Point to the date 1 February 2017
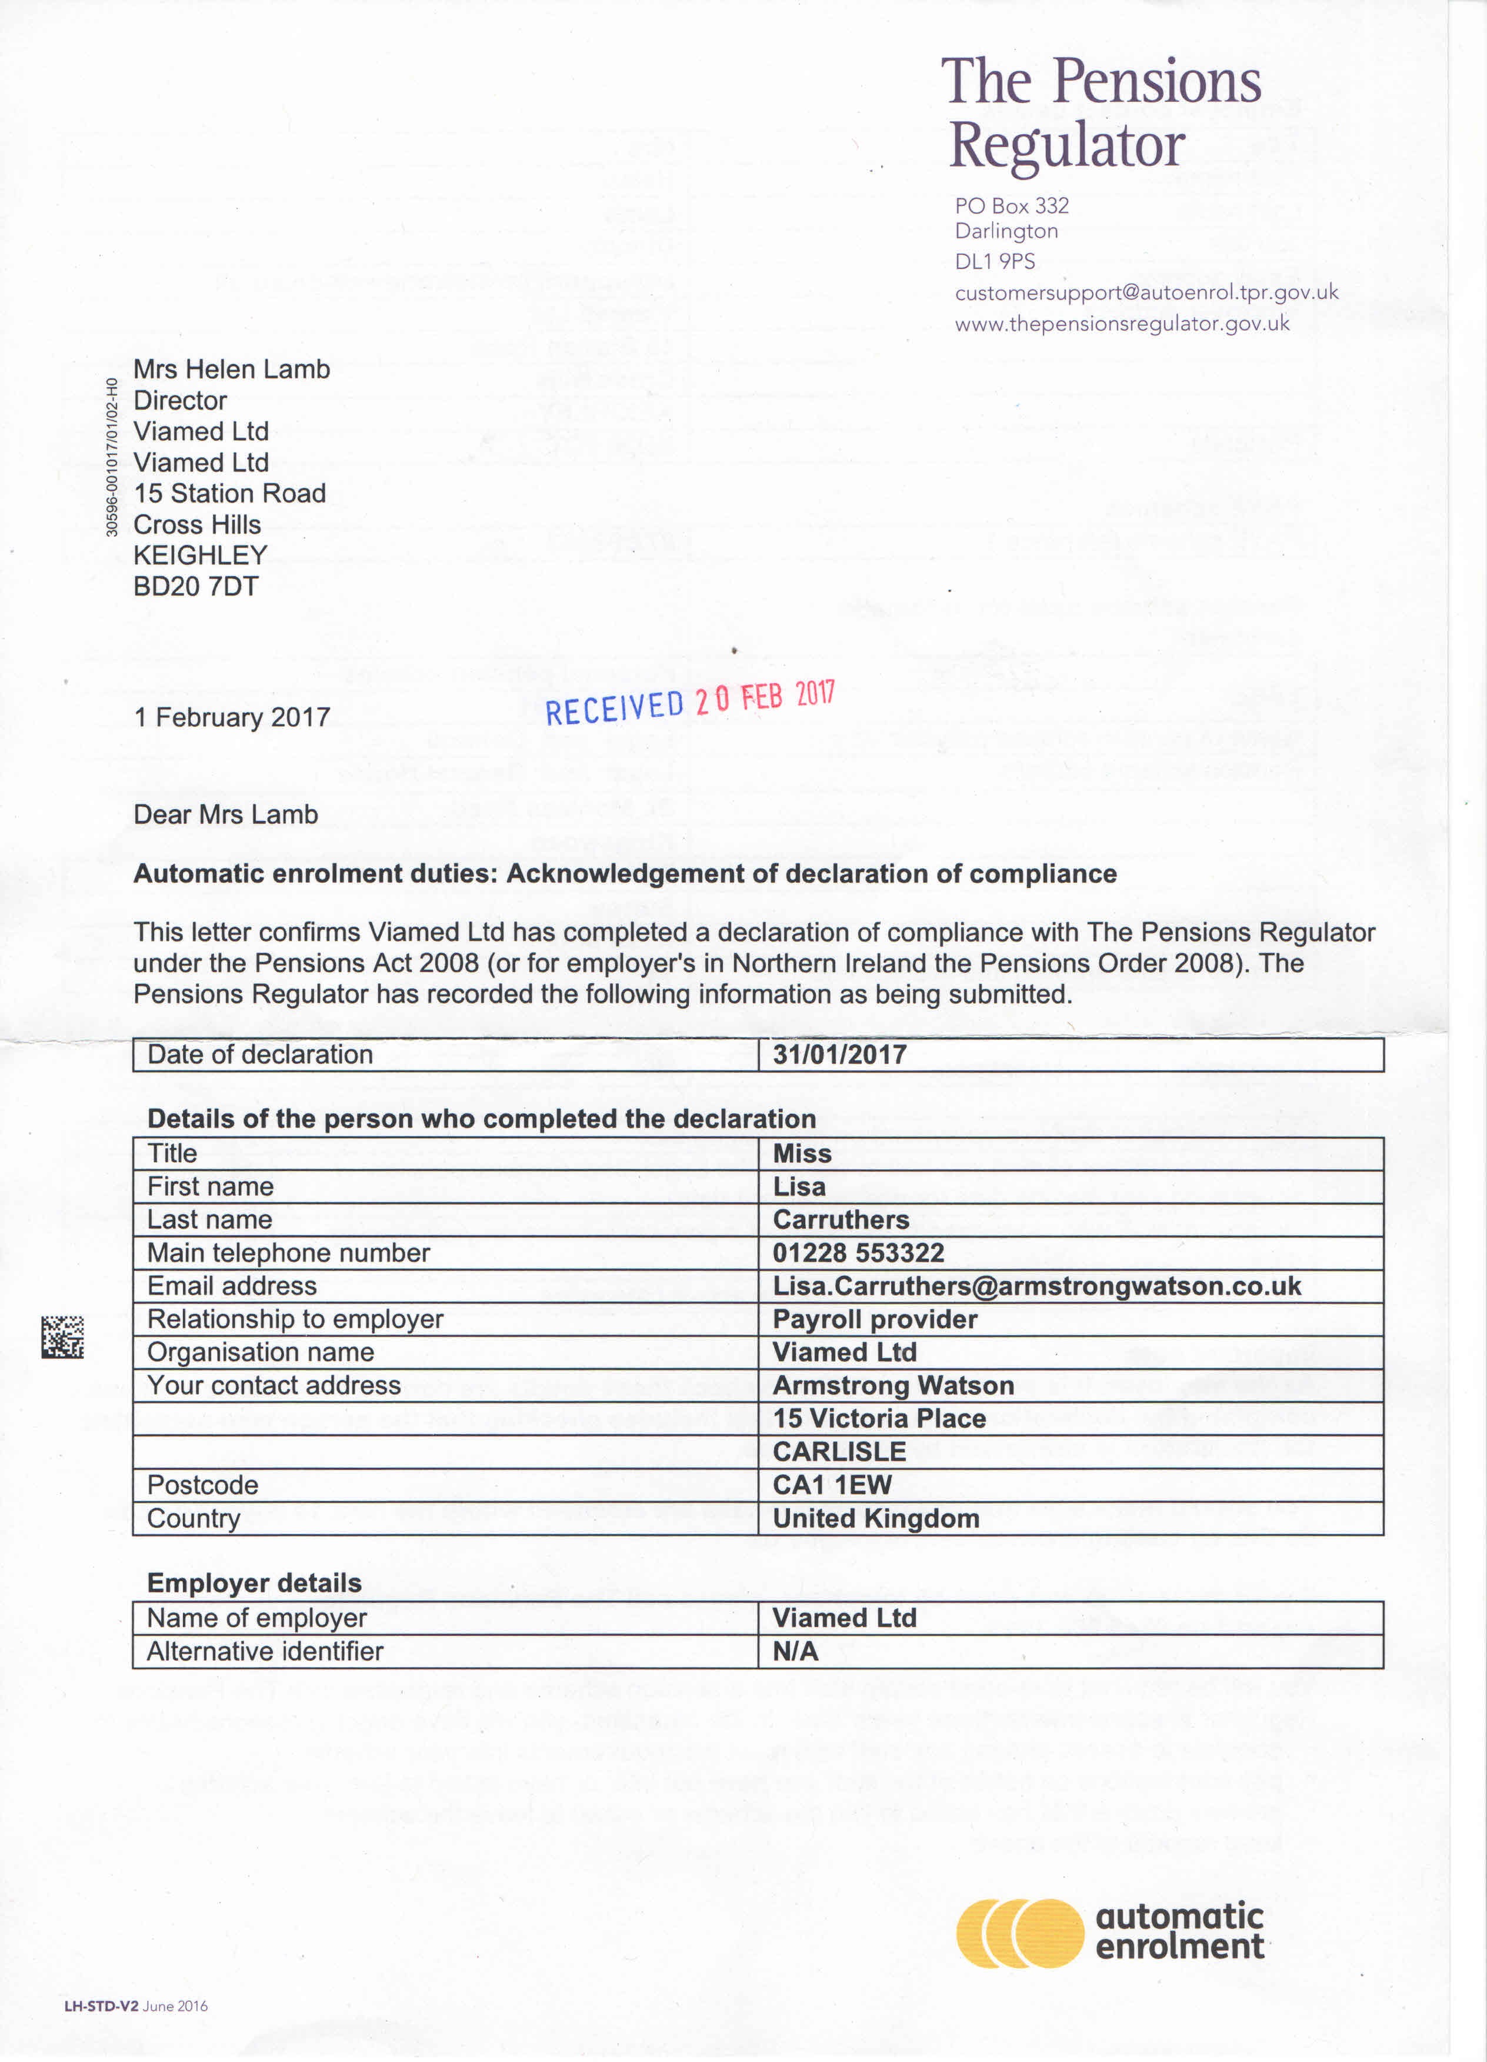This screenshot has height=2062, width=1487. (232, 717)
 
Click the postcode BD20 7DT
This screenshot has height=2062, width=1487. (195, 587)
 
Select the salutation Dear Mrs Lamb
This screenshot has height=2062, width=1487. (225, 814)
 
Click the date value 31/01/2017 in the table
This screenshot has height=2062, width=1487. (839, 1055)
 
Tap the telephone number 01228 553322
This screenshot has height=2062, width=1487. (858, 1253)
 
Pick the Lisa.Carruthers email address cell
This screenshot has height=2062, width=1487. (1036, 1286)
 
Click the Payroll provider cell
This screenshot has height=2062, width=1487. (875, 1319)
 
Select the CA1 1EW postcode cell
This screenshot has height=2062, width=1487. (832, 1485)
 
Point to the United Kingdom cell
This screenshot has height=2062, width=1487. (875, 1518)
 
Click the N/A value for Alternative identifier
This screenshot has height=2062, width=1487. (795, 1651)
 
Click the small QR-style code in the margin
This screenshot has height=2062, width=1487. (63, 1336)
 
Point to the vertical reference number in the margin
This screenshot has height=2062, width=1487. (112, 457)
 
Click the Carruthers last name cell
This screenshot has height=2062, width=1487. (841, 1220)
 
